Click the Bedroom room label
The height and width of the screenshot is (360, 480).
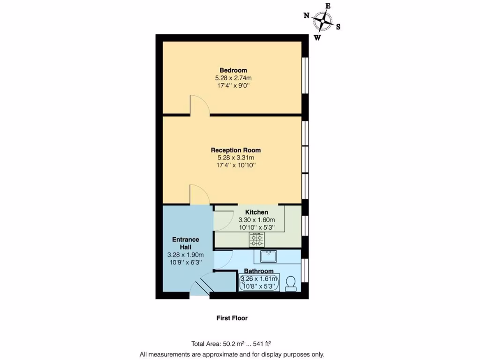click(x=233, y=70)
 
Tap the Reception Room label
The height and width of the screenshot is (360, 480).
click(x=236, y=150)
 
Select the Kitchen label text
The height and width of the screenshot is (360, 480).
click(x=256, y=212)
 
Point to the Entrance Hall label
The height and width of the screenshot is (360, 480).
click(x=186, y=243)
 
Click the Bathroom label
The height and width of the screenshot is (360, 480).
click(x=259, y=271)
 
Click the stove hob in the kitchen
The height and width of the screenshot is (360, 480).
click(x=256, y=240)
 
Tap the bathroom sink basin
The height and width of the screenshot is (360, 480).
click(x=269, y=256)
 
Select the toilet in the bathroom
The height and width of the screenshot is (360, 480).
click(x=290, y=284)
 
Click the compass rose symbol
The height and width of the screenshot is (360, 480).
click(x=322, y=21)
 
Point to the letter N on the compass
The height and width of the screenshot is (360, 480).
click(x=307, y=15)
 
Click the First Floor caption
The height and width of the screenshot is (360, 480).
click(x=232, y=318)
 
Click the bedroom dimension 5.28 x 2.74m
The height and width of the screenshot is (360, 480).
click(x=233, y=78)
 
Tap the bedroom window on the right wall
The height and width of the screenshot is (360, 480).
click(x=305, y=75)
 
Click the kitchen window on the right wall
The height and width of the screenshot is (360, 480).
click(x=305, y=225)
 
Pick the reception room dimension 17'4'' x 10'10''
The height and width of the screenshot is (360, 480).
click(x=236, y=165)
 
